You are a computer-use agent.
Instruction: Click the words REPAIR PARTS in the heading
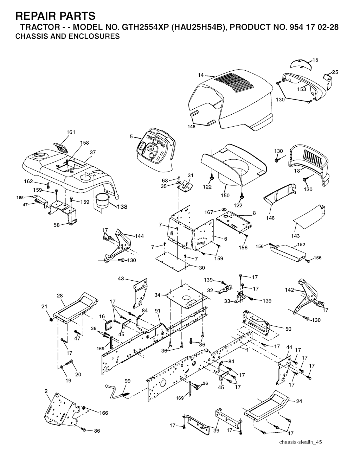pyautogui.click(x=55, y=16)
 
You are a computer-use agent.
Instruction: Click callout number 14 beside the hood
pyautogui.click(x=201, y=75)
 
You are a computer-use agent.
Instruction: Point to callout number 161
pyautogui.click(x=71, y=132)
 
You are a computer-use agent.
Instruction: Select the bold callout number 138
pyautogui.click(x=122, y=207)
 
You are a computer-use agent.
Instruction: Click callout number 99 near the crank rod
pyautogui.click(x=127, y=381)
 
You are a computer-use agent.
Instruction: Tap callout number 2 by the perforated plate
pyautogui.click(x=46, y=391)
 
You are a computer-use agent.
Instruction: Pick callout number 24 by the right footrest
pyautogui.click(x=299, y=401)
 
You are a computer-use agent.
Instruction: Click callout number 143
pyautogui.click(x=295, y=236)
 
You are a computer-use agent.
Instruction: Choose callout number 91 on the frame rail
pyautogui.click(x=157, y=311)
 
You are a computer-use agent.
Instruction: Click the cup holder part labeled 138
pyautogui.click(x=102, y=201)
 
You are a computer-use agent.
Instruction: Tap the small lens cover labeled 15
pyautogui.click(x=300, y=64)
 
